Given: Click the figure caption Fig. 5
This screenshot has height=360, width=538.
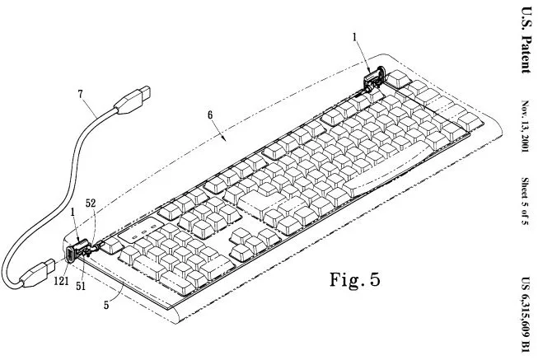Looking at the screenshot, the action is coord(355,279).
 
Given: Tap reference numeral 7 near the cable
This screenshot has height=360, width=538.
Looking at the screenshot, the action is coord(81,94).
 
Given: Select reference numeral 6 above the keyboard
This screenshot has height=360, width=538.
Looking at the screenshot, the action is coord(210,115).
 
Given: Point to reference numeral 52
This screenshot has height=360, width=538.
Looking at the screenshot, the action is coord(91,203).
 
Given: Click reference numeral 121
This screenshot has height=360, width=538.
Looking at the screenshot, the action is coord(61,282).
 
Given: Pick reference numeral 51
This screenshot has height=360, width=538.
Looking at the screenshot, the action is coord(81,286).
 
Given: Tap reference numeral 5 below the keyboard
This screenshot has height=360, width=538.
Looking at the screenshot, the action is coord(107,305).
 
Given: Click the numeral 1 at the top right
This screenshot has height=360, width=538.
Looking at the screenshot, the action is coord(355,37).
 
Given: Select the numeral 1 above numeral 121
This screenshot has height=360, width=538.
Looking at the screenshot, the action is coord(73,213).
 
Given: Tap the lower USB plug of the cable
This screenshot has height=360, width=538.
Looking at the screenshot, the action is coord(37,273).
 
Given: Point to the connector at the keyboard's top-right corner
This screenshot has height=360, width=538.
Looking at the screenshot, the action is coord(374,79).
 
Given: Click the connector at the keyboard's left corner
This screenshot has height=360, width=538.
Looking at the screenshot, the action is coord(78,251).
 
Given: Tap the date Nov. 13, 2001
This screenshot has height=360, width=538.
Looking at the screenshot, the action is coord(526,126).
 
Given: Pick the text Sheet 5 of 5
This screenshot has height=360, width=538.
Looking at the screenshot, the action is coord(525,201).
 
